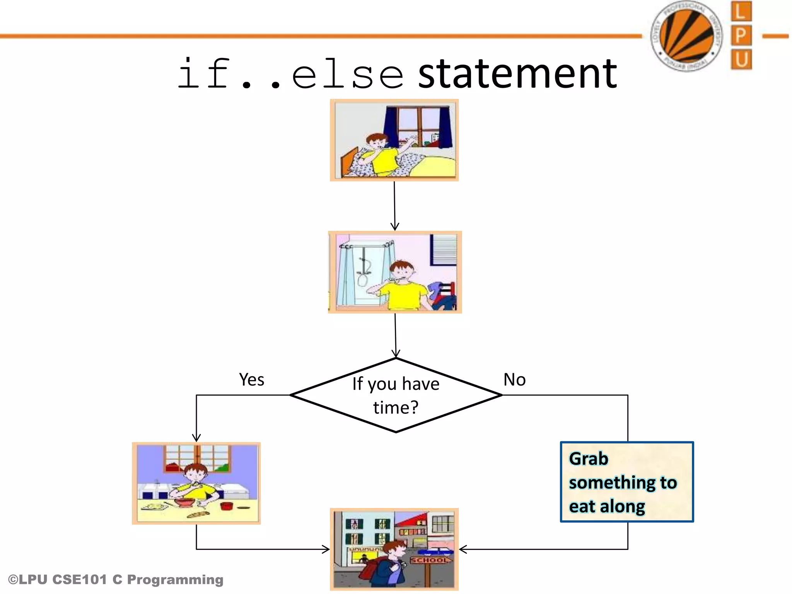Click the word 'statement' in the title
pos(517,73)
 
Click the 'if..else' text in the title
pos(290,73)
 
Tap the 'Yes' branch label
pos(251,379)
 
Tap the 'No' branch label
pos(514,379)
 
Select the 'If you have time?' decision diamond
pos(396,395)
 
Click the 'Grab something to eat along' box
pos(626,482)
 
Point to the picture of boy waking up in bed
pos(394,140)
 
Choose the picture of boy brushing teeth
pos(395,272)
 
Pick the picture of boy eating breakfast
pos(196,483)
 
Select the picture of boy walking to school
pos(394,549)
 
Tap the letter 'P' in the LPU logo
pos(741,36)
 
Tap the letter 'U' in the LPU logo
pos(741,60)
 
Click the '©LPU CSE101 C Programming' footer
pos(116,580)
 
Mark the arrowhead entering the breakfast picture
pos(196,437)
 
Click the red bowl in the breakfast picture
pos(184,502)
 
